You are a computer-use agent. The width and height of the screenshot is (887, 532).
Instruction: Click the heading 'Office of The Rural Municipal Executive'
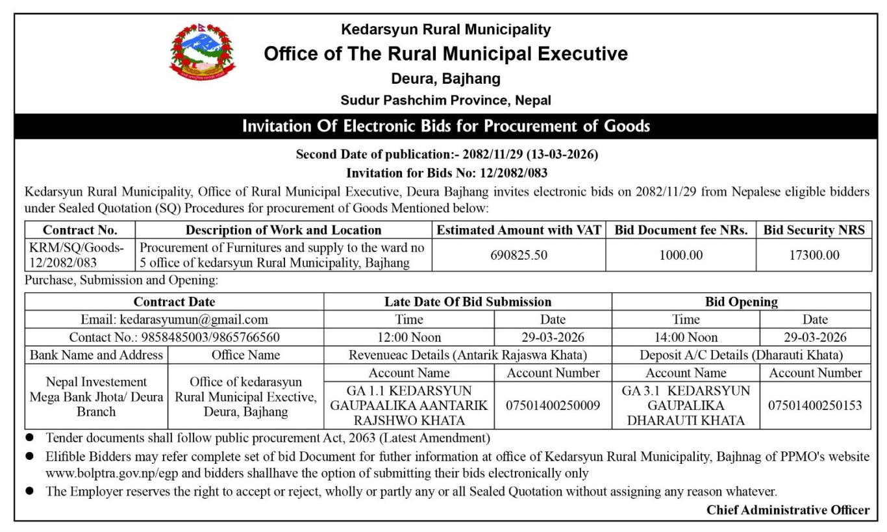pyautogui.click(x=445, y=54)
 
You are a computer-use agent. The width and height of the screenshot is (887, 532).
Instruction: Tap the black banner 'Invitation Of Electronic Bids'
pyautogui.click(x=445, y=126)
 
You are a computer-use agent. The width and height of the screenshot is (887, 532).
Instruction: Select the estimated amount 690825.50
pyautogui.click(x=518, y=255)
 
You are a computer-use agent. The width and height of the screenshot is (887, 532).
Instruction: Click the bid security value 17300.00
pyautogui.click(x=814, y=255)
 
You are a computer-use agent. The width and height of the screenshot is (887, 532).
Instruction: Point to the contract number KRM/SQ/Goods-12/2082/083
pyautogui.click(x=80, y=255)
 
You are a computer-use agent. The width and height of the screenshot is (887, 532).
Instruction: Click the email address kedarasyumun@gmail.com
pyautogui.click(x=174, y=319)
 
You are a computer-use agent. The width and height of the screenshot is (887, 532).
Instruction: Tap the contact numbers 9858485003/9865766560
pyautogui.click(x=174, y=337)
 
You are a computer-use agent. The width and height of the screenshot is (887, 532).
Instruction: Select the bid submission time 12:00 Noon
pyautogui.click(x=408, y=337)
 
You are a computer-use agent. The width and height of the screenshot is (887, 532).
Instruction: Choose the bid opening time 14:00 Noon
pyautogui.click(x=685, y=337)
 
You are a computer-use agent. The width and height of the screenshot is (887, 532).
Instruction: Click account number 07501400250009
pyautogui.click(x=553, y=405)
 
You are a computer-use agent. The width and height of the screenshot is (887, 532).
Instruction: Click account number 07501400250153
pyautogui.click(x=815, y=405)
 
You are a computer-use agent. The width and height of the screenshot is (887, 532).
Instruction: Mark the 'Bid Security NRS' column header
pyautogui.click(x=814, y=230)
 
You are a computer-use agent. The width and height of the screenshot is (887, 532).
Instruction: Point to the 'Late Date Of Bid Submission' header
pyautogui.click(x=468, y=301)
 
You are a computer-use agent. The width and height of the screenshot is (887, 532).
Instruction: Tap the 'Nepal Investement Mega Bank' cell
pyautogui.click(x=96, y=396)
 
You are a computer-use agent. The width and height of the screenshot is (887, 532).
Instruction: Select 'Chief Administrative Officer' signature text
pyautogui.click(x=788, y=510)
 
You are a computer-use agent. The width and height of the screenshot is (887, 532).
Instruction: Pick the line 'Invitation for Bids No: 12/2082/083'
pyautogui.click(x=446, y=173)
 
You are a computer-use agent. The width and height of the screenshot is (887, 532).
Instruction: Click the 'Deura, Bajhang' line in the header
pyautogui.click(x=445, y=79)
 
